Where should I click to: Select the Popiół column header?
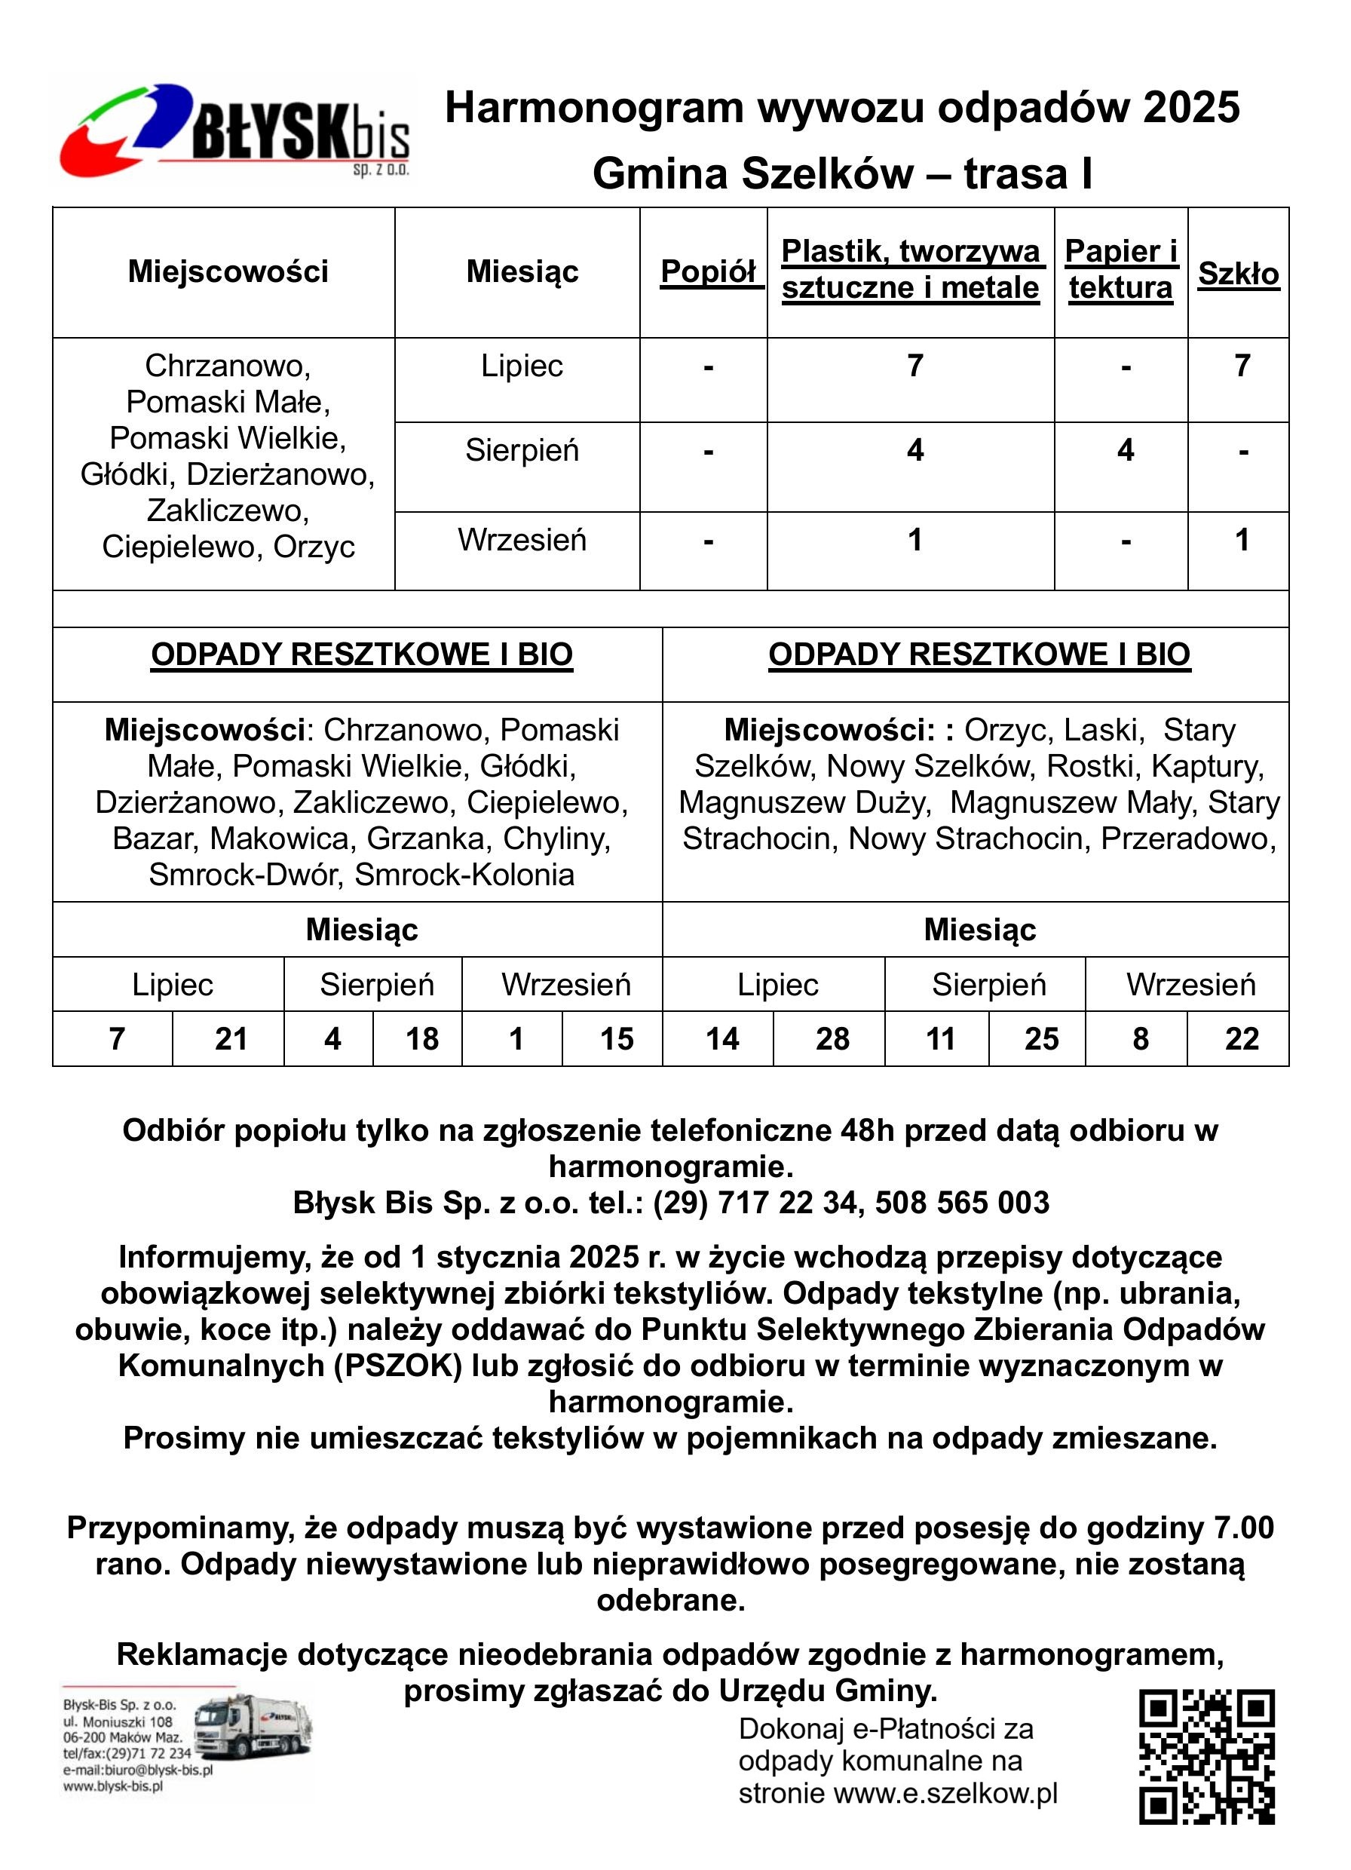709,271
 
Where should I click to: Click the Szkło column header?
1238,273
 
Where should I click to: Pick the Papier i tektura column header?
1121,270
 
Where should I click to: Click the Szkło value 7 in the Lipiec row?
1242,365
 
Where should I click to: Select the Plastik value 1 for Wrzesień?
915,540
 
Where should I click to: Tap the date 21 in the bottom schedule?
231,1039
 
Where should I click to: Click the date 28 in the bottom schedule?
832,1039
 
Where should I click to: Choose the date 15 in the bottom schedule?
617,1039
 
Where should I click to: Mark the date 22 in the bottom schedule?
1242,1039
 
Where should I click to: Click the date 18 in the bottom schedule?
422,1039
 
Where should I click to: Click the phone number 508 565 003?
962,1203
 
